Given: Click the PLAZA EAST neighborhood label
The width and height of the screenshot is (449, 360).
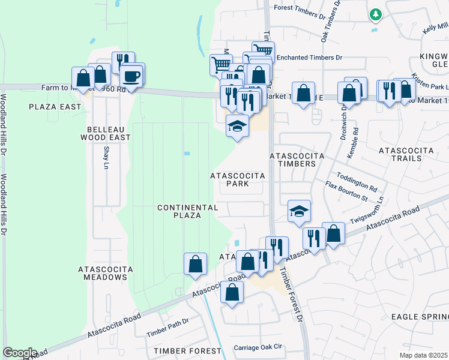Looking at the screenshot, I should (x=55, y=107).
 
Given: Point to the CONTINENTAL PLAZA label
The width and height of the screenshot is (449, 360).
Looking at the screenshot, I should (x=187, y=211).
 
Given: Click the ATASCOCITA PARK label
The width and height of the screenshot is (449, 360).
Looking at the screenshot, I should (x=238, y=179).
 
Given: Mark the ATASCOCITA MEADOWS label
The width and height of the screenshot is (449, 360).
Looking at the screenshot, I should (x=106, y=273).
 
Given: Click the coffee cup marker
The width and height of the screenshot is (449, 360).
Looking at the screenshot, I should (x=131, y=76).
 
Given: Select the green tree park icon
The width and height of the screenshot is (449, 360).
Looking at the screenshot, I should (x=376, y=14).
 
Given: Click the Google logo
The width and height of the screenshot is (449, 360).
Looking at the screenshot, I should (x=20, y=353).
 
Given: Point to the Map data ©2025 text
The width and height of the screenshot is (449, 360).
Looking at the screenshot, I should (x=424, y=355).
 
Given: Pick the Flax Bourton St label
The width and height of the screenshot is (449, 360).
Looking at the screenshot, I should (x=346, y=191).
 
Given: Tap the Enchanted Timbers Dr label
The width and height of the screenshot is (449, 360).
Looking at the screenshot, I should (x=309, y=58).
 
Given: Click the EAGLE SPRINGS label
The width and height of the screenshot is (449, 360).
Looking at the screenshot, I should (x=420, y=316).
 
